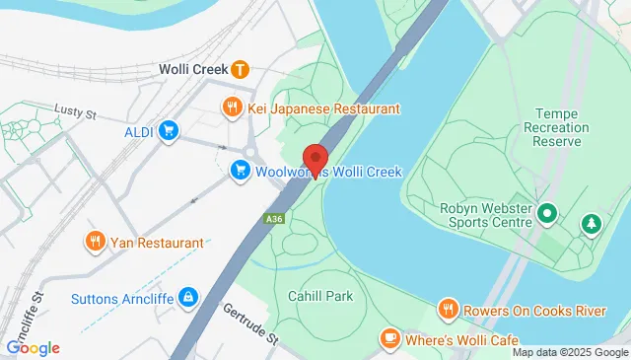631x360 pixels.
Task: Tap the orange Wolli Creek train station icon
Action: pos(240,70)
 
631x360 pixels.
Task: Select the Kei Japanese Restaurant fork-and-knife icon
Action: pos(233,108)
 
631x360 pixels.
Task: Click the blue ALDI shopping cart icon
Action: pos(169,131)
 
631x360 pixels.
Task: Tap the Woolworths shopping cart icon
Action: pos(240,172)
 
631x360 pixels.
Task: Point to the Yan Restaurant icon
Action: pos(96,242)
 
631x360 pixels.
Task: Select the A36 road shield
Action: pos(274,219)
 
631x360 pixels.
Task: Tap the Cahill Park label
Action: pos(319,296)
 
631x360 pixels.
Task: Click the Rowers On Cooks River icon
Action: pos(449,311)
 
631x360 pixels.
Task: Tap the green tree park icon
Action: pos(592,226)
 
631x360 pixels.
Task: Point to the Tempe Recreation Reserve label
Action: pos(560,129)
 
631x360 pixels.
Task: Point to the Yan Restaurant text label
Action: pos(158,242)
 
